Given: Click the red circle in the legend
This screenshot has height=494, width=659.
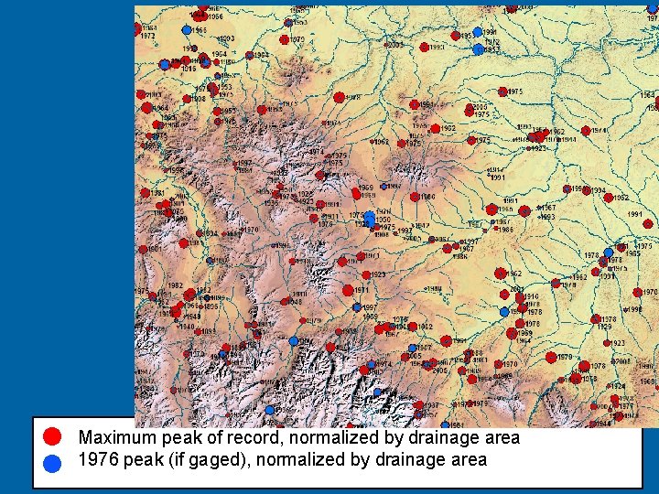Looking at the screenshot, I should pyautogui.click(x=53, y=436).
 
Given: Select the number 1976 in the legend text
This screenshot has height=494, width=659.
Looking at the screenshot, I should pyautogui.click(x=99, y=460).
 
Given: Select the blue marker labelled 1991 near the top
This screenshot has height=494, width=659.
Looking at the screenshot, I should pyautogui.click(x=477, y=32).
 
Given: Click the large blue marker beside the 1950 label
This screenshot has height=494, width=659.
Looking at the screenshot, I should pyautogui.click(x=369, y=218).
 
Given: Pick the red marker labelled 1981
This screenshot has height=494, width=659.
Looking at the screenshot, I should pyautogui.click(x=146, y=194).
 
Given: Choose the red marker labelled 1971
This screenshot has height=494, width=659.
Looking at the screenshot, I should pyautogui.click(x=349, y=291).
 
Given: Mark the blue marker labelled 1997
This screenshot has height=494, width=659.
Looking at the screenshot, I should pyautogui.click(x=357, y=308).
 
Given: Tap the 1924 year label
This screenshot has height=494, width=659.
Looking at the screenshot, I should pyautogui.click(x=618, y=386).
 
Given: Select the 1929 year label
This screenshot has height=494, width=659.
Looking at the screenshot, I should pyautogui.click(x=605, y=327).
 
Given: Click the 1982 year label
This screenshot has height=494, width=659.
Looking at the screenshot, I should pyautogui.click(x=174, y=285).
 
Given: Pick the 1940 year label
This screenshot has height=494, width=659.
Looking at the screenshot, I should pyautogui.click(x=186, y=327).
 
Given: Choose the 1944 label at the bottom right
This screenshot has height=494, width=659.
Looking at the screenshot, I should pyautogui.click(x=602, y=424).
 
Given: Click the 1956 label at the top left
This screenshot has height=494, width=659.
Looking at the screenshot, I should pyautogui.click(x=214, y=16).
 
